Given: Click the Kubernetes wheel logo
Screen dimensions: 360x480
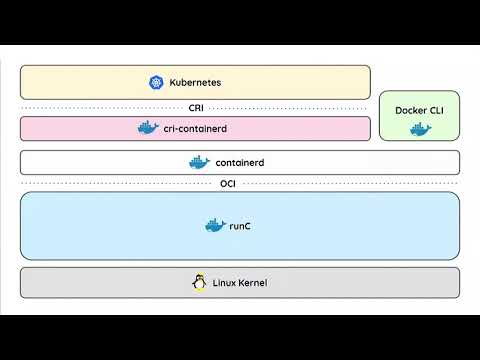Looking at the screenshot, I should point(156,83).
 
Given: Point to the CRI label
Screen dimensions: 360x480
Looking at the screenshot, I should point(195,107).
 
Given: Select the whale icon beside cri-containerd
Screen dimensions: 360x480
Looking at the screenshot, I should point(148,128).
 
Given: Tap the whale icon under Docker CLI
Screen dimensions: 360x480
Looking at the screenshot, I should point(419,130).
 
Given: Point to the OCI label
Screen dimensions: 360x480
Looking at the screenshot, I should point(228,183).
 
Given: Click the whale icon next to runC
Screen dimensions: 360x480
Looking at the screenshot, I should point(214,226).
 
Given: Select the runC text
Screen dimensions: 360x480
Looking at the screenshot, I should point(240,227).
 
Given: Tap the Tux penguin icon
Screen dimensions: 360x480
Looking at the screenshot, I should point(198,283).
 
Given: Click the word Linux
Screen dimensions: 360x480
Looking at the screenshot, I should point(226,283).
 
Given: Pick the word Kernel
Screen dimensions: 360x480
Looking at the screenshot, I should point(254,283).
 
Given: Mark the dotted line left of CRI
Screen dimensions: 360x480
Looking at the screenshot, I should point(100,107).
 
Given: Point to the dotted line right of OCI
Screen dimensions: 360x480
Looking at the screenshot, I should point(350,183).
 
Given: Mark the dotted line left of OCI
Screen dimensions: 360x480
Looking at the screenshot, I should point(110,183).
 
